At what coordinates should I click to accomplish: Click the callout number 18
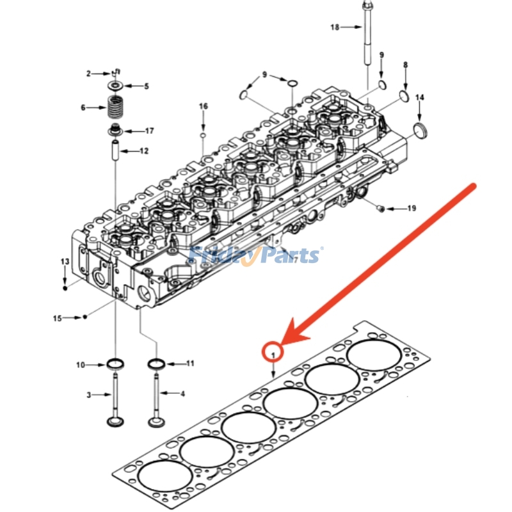(x=335, y=27)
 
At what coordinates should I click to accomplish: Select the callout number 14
(x=420, y=97)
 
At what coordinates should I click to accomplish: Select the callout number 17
(x=149, y=131)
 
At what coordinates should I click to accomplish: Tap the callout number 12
(x=144, y=151)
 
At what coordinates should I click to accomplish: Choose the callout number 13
(x=65, y=262)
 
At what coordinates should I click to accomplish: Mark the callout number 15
(x=58, y=317)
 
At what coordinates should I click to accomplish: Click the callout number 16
(x=203, y=106)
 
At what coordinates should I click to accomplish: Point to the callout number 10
(x=81, y=365)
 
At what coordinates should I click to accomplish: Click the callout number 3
(x=90, y=395)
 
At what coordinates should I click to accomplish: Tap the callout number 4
(x=182, y=394)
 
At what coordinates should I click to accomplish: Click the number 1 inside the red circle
(x=273, y=353)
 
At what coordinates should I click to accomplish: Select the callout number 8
(x=404, y=65)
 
